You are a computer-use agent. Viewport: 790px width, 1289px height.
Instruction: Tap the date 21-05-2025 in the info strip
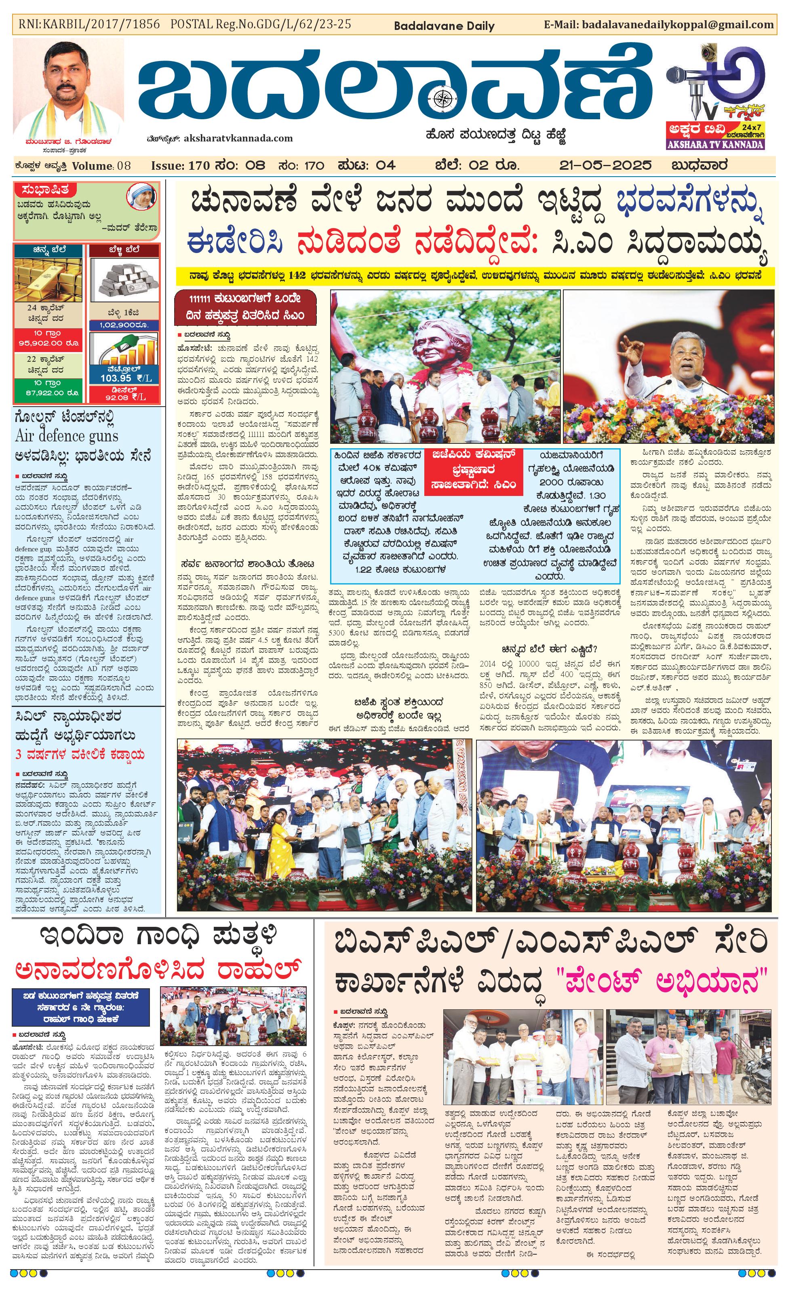(x=605, y=165)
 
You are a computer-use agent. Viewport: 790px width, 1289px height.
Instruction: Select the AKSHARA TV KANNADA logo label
(x=715, y=144)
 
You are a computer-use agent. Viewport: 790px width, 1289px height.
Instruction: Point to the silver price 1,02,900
(x=124, y=325)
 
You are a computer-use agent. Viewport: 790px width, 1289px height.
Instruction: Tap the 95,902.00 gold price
(x=48, y=343)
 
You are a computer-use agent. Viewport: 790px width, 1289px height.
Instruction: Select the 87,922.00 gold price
(x=48, y=392)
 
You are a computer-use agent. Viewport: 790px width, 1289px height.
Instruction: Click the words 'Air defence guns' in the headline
(x=66, y=436)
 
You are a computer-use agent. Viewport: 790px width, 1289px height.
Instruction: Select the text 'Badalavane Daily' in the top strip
(x=444, y=25)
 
